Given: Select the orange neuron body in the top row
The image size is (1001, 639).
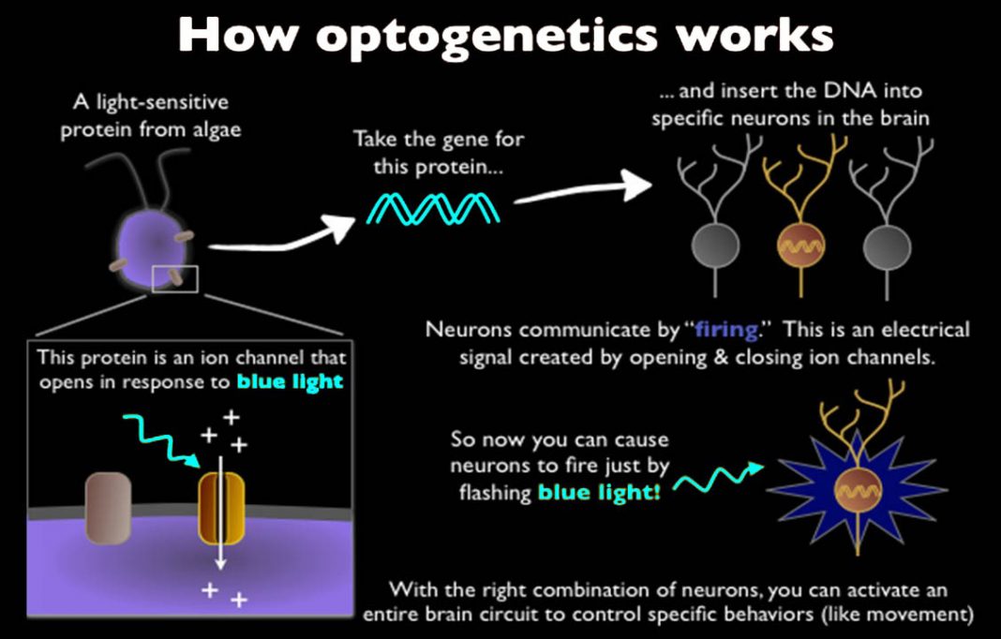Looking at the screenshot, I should [x=801, y=246].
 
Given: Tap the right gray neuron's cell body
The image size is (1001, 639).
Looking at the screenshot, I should [x=889, y=246].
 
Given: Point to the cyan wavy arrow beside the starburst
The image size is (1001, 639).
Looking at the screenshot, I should [x=716, y=478].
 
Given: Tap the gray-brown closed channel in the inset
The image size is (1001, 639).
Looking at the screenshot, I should [x=107, y=508].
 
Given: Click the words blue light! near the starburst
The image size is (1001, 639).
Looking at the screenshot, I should [x=599, y=490].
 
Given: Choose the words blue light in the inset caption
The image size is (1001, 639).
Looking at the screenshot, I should [x=290, y=381].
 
